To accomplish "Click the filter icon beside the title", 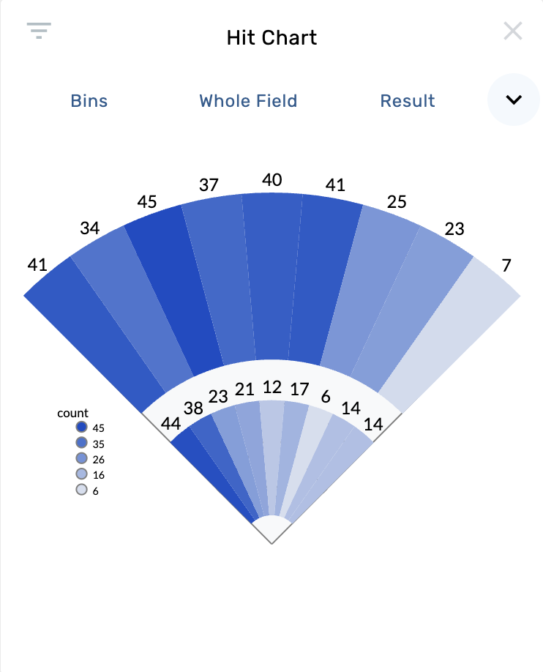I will point(39,30).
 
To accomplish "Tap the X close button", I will point(513,31).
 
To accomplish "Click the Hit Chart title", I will point(271,37).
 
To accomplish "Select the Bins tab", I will point(89,101).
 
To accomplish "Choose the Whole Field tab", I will point(248,101).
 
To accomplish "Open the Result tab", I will point(408,101).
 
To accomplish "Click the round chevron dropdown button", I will point(514,100).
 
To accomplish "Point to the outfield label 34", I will point(90,228).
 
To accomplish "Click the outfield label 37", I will point(209,185).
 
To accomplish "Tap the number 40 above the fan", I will point(272,180).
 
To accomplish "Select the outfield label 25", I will point(397,201).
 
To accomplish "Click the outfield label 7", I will point(506,265).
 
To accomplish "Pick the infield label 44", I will point(171,423).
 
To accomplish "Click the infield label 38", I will point(193,408).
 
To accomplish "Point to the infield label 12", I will point(272,387).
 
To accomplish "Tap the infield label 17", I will point(299,389).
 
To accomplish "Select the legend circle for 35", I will point(82,443).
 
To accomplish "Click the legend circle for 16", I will point(82,474).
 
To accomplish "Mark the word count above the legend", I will point(72,414).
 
